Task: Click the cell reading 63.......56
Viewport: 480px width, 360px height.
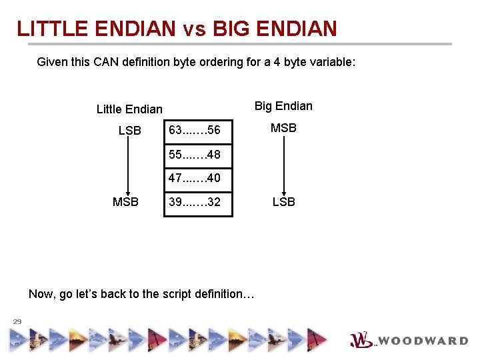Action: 198,130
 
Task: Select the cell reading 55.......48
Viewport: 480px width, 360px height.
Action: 198,155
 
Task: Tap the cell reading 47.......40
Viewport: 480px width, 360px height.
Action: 198,178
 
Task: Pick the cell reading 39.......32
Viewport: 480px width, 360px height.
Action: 198,202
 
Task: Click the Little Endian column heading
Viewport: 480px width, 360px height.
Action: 129,109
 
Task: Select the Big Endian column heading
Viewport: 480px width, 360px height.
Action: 283,106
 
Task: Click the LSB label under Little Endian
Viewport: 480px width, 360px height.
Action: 130,131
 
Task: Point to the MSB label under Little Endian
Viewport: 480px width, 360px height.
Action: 126,202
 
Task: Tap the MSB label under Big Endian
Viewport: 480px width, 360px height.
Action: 283,127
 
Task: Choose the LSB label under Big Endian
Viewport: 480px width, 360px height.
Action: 283,202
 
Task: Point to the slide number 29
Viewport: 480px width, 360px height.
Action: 17,321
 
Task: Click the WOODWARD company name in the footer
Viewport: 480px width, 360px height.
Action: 423,341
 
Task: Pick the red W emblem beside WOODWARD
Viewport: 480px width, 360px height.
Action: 361,340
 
